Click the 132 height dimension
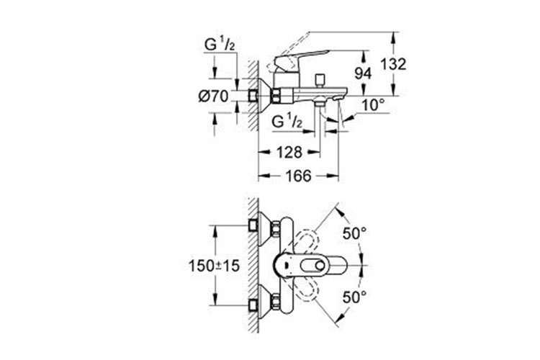[x=395, y=63]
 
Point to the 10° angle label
[x=373, y=105]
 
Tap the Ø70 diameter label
[x=212, y=95]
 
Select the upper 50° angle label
[x=354, y=234]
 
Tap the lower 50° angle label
[x=354, y=296]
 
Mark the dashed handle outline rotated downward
[x=307, y=291]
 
